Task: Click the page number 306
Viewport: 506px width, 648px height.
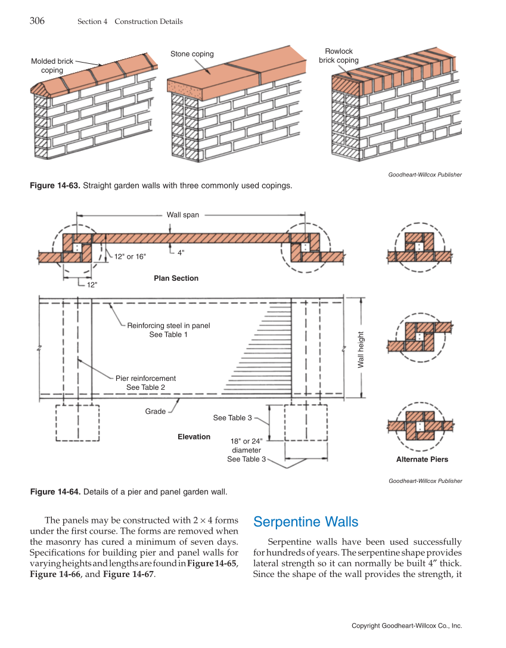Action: (37, 21)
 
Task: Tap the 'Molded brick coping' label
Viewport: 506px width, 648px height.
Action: (52, 66)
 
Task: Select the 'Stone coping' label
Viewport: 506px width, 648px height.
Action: (192, 54)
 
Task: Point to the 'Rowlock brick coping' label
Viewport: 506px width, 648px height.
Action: (339, 55)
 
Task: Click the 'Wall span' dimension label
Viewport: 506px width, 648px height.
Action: (182, 215)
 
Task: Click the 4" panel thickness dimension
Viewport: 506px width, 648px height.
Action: (181, 252)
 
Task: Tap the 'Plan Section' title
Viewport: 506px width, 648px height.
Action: (176, 278)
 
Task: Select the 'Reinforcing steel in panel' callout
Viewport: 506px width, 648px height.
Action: (169, 325)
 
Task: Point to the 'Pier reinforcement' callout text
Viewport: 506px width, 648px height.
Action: (145, 378)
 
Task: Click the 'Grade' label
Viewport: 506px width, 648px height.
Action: (156, 411)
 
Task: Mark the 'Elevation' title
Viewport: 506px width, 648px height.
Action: (194, 437)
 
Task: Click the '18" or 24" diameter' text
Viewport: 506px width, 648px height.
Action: (246, 445)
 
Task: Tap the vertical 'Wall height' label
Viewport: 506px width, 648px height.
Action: (361, 349)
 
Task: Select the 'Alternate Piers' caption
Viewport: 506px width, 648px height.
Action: (422, 460)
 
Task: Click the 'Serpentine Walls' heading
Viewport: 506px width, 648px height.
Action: (306, 522)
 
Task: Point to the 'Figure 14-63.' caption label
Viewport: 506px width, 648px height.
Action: (55, 185)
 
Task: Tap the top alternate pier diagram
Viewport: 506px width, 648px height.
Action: (420, 247)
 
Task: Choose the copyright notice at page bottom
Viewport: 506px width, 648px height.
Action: (406, 626)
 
